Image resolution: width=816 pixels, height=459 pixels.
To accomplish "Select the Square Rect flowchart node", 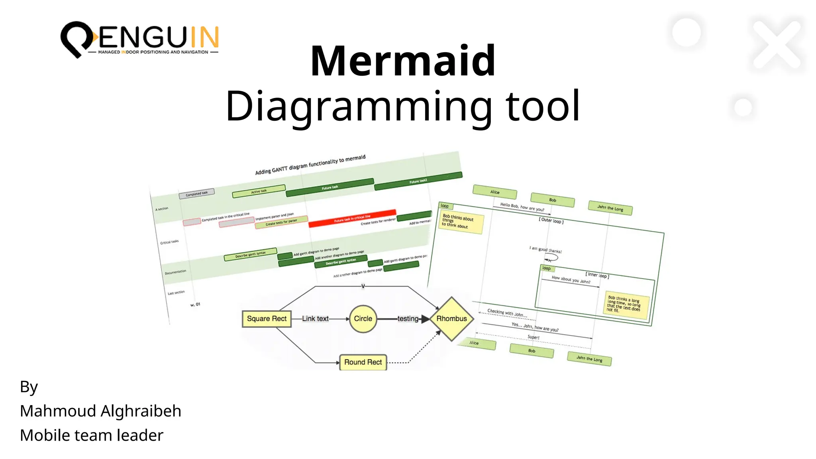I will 267,319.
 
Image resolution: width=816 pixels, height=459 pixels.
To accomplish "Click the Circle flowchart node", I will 363,319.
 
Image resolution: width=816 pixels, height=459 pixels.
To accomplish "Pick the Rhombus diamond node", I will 451,319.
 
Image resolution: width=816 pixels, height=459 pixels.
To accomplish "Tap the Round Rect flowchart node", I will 363,362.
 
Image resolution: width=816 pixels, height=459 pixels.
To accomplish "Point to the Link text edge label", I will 315,319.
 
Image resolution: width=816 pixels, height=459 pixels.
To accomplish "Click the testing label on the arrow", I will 408,319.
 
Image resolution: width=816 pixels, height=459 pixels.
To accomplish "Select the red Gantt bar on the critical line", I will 352,218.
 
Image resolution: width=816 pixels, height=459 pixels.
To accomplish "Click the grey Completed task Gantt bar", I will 196,194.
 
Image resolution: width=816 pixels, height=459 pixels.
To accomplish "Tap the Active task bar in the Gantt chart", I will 259,191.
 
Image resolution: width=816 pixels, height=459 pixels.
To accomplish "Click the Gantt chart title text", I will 310,165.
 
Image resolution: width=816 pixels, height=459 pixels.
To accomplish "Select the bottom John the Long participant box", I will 589,359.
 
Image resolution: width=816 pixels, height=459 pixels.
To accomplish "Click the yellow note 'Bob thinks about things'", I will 461,222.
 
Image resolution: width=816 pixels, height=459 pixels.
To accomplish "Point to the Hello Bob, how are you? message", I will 522,207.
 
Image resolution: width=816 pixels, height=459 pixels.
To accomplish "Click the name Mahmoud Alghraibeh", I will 100,411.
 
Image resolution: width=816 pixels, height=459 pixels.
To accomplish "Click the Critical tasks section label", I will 169,242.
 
